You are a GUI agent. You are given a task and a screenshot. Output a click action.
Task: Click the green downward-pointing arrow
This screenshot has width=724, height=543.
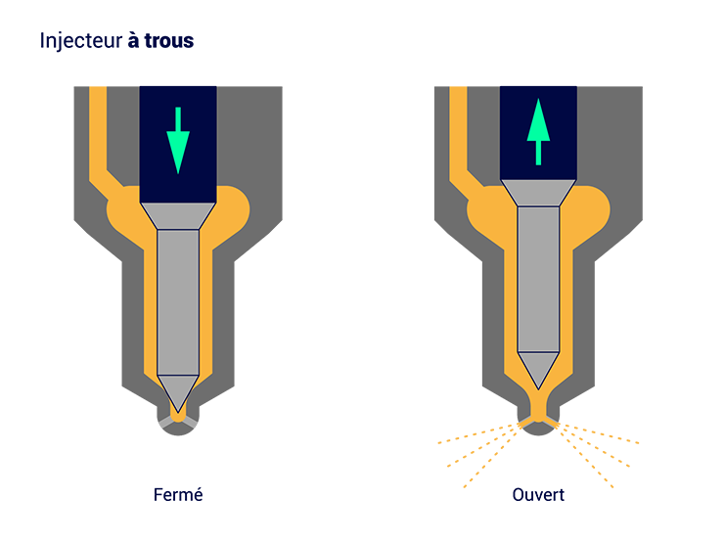point(177,142)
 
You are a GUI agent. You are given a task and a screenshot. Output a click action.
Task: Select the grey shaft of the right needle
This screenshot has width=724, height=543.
point(538,279)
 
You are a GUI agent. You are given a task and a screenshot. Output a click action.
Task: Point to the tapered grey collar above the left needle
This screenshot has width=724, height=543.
point(177,215)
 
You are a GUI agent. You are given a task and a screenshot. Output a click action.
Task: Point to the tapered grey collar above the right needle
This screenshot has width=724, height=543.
point(538,193)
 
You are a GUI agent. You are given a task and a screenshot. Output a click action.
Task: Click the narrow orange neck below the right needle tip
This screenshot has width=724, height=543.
point(538,403)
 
